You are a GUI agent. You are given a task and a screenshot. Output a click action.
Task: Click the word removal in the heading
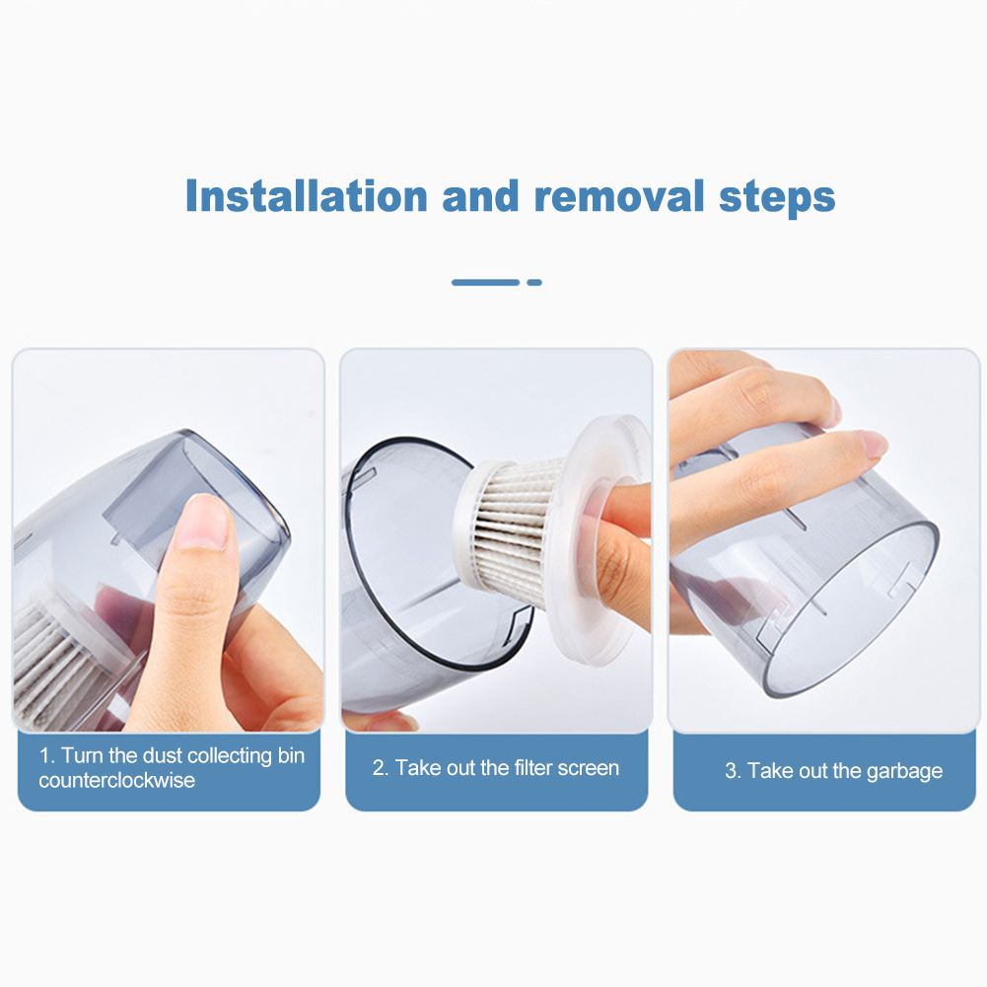(x=619, y=196)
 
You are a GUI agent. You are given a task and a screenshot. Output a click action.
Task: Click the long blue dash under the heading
(x=485, y=283)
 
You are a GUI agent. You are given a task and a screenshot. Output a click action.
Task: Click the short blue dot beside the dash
(x=534, y=283)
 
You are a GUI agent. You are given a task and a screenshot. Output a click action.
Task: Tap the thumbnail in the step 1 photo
(x=203, y=522)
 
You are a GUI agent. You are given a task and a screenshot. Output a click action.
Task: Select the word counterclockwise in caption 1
(x=117, y=781)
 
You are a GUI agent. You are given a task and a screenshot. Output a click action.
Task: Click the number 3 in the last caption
(x=732, y=770)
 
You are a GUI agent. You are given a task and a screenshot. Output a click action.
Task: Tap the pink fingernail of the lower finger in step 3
(x=874, y=443)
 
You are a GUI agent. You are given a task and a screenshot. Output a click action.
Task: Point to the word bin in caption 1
(x=291, y=755)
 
